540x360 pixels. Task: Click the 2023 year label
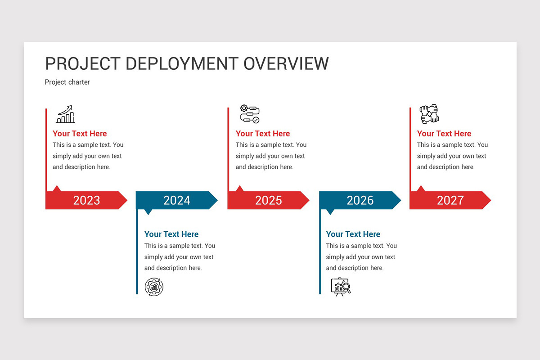click(86, 200)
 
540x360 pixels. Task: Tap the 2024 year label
click(177, 200)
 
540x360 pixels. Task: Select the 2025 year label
click(269, 200)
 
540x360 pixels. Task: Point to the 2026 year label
click(360, 200)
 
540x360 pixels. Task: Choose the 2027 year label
click(450, 200)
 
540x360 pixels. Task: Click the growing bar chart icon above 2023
click(66, 114)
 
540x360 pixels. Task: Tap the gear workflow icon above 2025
click(250, 114)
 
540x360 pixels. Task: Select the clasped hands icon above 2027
click(429, 114)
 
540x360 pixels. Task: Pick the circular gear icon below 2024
click(154, 287)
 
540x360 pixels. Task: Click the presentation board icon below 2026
click(341, 287)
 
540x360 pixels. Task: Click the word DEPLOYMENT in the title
click(182, 63)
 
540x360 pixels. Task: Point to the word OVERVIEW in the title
click(286, 63)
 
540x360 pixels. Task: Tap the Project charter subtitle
click(67, 82)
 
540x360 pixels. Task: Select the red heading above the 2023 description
click(80, 134)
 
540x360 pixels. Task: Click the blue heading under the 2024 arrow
click(171, 234)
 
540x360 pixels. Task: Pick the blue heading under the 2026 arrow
click(353, 234)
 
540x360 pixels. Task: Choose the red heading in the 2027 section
click(444, 134)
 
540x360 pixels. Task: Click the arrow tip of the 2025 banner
click(309, 200)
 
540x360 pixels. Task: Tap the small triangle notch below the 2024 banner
click(148, 212)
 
